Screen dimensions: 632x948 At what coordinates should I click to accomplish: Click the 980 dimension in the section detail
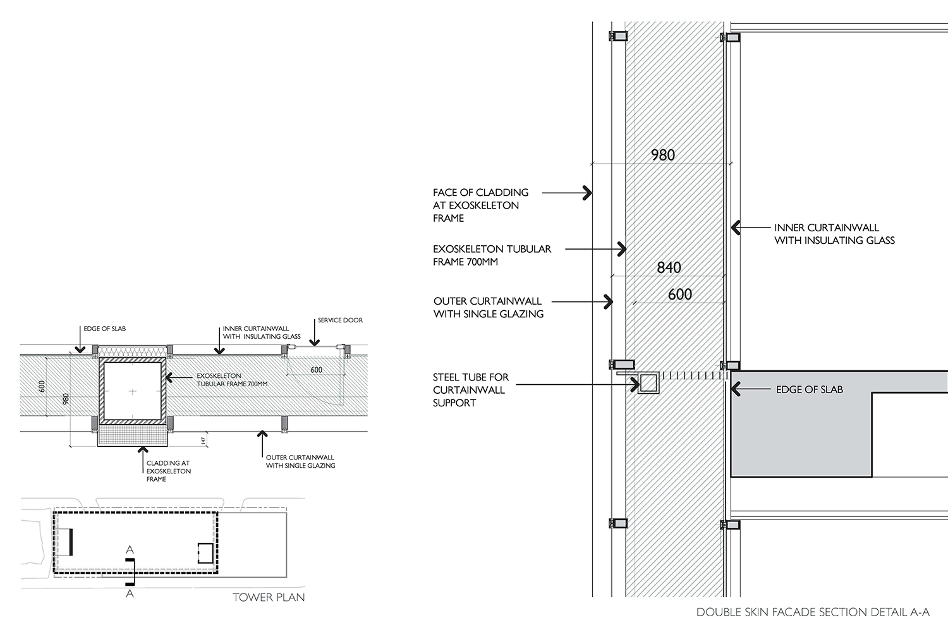click(x=662, y=155)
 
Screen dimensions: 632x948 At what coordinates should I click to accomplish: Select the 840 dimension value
click(x=669, y=267)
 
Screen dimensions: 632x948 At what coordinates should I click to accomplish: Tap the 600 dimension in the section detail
click(x=679, y=294)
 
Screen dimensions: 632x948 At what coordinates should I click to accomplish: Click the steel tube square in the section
click(x=648, y=383)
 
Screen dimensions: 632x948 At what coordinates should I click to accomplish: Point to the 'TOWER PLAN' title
click(x=269, y=597)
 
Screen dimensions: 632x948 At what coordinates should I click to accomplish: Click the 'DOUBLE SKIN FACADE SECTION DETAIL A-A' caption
click(x=813, y=612)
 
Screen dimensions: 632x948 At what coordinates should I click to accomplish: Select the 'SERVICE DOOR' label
click(x=340, y=320)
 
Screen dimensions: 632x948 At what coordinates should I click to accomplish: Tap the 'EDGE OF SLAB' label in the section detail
click(x=809, y=389)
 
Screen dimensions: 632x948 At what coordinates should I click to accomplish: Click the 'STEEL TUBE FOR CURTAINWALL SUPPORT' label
click(x=470, y=390)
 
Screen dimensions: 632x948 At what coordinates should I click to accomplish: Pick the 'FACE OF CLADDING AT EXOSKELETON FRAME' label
click(x=480, y=205)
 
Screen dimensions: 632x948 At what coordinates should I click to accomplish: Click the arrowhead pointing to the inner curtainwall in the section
click(x=734, y=228)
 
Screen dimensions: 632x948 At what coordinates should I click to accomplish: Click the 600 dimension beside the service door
click(x=316, y=370)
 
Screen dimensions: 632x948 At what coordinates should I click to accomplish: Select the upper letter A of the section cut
click(x=130, y=550)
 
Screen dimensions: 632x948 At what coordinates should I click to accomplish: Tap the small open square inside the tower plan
click(x=204, y=552)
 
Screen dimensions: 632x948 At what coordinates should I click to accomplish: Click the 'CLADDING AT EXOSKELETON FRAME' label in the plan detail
click(x=168, y=471)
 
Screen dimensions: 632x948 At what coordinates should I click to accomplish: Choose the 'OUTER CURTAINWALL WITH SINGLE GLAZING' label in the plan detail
click(x=300, y=461)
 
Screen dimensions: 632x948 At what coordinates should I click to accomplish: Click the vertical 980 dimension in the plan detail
click(x=65, y=400)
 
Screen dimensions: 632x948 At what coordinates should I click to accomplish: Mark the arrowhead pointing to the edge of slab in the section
click(x=735, y=389)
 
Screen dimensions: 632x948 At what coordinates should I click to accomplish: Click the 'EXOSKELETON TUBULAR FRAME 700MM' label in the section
click(x=492, y=255)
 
